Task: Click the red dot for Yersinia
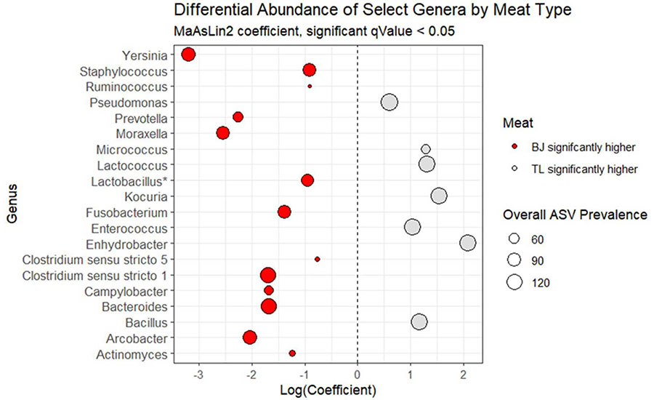point(189,55)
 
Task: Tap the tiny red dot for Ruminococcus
point(310,86)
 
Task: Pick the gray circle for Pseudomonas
point(389,102)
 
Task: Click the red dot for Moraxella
point(223,133)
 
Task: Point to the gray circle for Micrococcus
point(426,149)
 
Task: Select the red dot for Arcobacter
point(250,337)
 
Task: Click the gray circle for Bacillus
point(419,321)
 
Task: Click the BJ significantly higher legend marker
point(515,148)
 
